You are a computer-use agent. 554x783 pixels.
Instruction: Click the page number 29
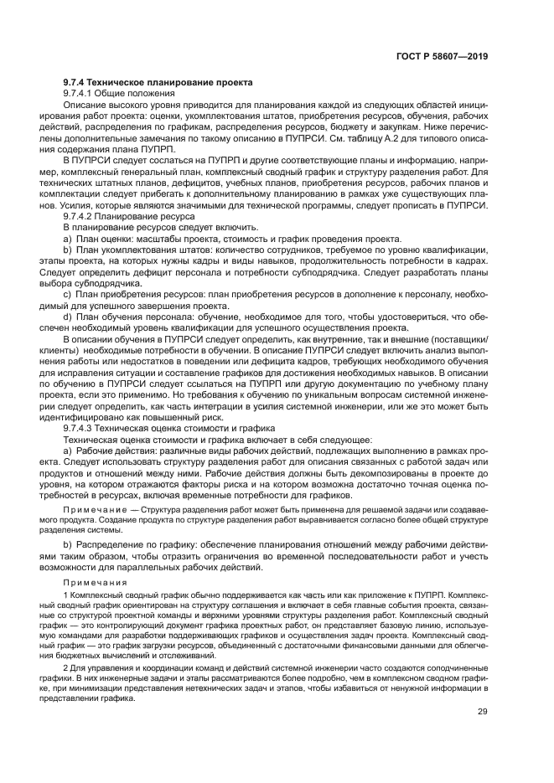click(x=483, y=712)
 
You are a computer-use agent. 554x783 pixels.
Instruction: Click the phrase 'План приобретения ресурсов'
click(x=137, y=296)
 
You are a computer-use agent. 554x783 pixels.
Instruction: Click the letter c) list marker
click(x=68, y=296)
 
